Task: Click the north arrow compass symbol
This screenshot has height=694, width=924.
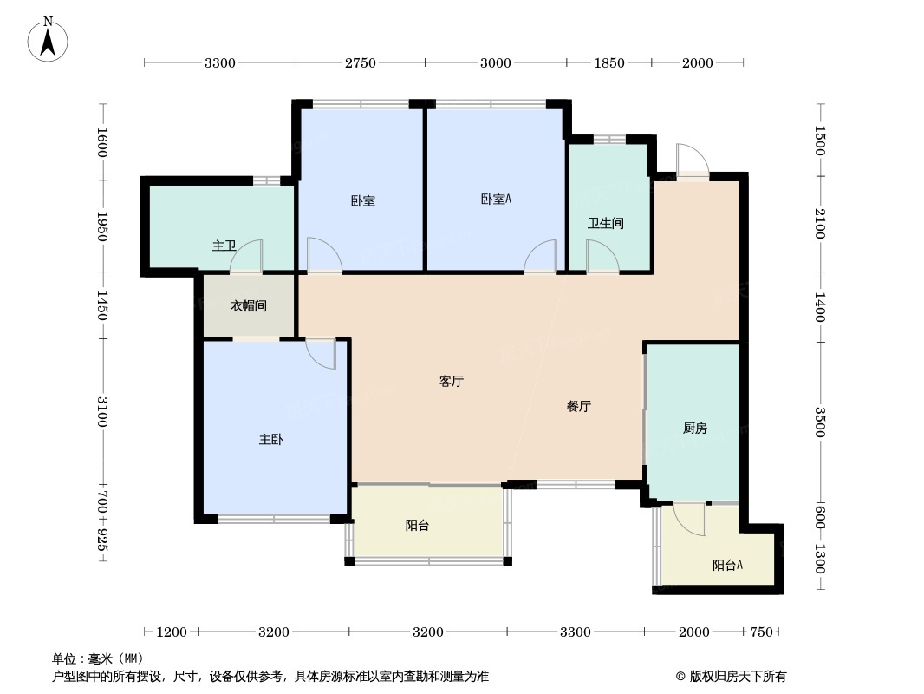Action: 49,39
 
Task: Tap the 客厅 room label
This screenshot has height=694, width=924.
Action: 451,381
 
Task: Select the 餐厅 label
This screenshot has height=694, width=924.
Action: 579,406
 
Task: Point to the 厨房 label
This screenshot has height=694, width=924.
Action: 694,428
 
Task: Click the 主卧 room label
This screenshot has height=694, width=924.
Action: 270,440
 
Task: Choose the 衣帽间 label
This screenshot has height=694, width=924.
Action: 248,306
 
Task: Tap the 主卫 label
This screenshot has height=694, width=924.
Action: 224,246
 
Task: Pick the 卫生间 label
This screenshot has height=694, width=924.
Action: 605,223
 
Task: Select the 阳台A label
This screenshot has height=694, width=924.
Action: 728,566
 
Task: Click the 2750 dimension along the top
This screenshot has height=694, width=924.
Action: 360,62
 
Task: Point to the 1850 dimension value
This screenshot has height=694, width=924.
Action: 608,62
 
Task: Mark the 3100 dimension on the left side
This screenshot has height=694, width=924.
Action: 102,410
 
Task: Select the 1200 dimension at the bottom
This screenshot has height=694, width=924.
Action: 172,632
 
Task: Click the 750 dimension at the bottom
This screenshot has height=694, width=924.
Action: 760,632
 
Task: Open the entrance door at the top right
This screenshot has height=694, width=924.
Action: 692,161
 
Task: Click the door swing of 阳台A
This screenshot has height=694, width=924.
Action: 691,519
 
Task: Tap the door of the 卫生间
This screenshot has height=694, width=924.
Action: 601,257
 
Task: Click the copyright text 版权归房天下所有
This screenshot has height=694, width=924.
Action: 732,677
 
